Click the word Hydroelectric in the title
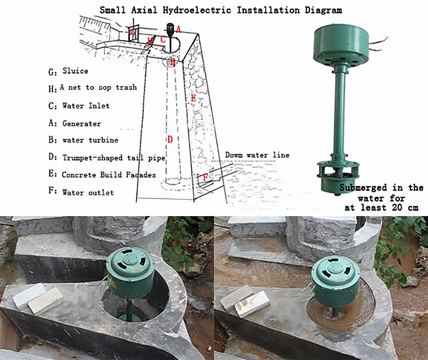tap(197, 10)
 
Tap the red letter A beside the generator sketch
tap(178, 29)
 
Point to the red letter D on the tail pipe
tap(170, 139)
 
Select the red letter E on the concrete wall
tap(193, 98)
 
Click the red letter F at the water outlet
tap(205, 178)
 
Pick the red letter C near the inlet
tap(163, 39)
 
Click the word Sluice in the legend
tap(75, 71)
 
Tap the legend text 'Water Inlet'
tap(86, 106)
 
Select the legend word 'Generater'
tap(82, 124)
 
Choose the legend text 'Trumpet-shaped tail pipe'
tap(114, 158)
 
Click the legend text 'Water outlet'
tap(88, 192)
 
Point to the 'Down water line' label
tap(257, 155)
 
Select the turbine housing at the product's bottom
tap(338, 177)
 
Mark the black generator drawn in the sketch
tap(170, 29)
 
